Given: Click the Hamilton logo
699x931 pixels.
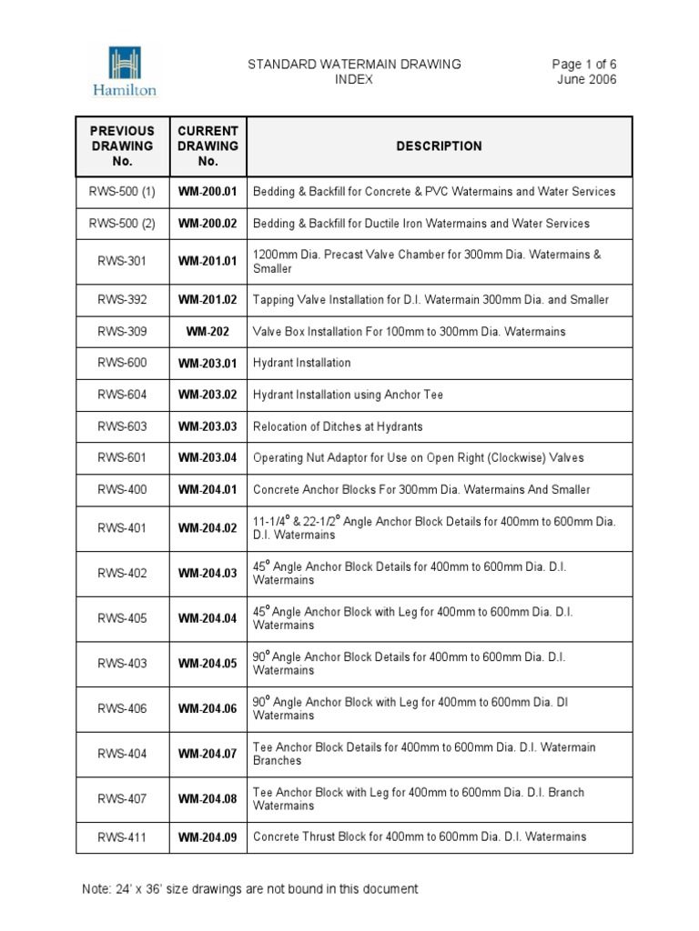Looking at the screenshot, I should click(x=124, y=71).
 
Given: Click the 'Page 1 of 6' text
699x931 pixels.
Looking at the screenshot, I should click(x=583, y=64).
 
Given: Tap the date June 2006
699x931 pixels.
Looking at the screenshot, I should click(x=586, y=79).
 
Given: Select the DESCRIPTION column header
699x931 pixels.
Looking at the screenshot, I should click(x=439, y=145).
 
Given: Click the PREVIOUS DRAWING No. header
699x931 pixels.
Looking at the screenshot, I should click(x=123, y=145).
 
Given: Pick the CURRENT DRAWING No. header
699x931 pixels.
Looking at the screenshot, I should click(x=208, y=145).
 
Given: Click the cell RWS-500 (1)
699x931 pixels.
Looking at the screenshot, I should click(x=123, y=192).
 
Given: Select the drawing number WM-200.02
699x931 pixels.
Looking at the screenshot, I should click(x=208, y=224).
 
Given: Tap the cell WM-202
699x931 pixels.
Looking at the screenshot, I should click(x=208, y=332).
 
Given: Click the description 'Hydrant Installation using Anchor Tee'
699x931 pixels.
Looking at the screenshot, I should click(x=348, y=395).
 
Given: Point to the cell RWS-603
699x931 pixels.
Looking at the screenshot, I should click(x=123, y=426).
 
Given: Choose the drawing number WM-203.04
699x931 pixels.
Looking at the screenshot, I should click(x=208, y=458).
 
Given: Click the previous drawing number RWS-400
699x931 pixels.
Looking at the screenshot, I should click(x=123, y=490).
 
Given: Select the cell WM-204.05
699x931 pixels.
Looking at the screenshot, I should click(x=208, y=664).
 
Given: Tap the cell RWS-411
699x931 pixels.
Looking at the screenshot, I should click(x=123, y=837).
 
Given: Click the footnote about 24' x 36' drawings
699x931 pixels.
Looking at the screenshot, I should click(x=249, y=888).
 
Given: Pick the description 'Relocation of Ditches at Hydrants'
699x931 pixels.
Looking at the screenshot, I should click(x=338, y=426).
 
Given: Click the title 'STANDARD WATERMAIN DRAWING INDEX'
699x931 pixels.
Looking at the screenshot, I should click(x=355, y=71).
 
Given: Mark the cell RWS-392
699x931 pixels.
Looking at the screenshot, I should click(x=123, y=300).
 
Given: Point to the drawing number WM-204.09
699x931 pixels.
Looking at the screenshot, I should click(x=208, y=837).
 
